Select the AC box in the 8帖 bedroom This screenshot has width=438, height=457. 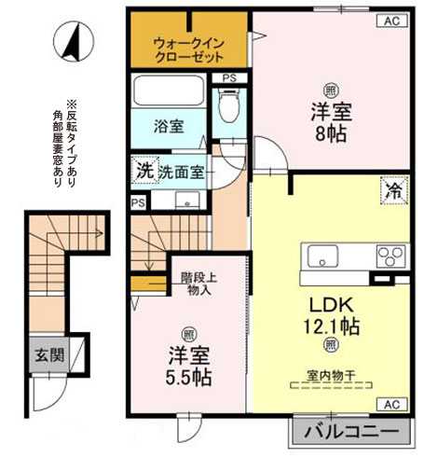click(x=390, y=21)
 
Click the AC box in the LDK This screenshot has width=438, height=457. click(x=390, y=403)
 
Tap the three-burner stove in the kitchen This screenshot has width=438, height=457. click(x=391, y=256)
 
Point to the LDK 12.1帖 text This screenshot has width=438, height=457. click(x=330, y=314)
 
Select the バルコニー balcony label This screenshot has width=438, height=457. click(x=353, y=434)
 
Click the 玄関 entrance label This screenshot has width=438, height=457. click(x=43, y=354)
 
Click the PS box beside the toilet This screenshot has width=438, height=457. click(x=228, y=78)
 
